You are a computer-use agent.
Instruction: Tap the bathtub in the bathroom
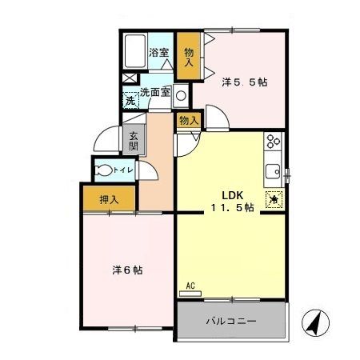tap(134, 52)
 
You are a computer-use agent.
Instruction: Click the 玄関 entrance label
tap(134, 141)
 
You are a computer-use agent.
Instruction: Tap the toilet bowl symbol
tap(105, 169)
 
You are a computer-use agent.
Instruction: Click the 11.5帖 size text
tap(232, 207)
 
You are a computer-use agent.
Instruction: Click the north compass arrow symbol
tap(314, 324)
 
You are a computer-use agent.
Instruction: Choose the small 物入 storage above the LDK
tap(189, 120)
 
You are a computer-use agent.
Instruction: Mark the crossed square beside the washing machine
tap(128, 80)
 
